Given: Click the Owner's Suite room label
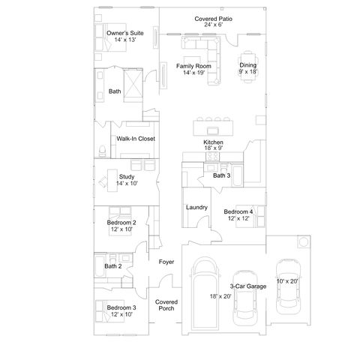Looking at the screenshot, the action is [125, 33].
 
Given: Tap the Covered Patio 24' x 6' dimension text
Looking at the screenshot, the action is [213, 25].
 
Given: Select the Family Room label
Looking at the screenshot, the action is [193, 66].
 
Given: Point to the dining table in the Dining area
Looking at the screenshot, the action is [248, 67].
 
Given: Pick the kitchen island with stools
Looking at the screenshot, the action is [213, 127].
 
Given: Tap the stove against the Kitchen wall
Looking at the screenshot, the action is [212, 157].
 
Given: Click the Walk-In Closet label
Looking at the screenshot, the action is [136, 139].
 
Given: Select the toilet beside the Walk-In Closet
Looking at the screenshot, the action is [102, 151].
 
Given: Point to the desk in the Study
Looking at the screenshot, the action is [112, 181].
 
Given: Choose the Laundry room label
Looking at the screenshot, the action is [196, 207].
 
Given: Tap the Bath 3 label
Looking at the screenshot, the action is [221, 175].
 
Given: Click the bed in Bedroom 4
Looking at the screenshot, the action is [250, 217].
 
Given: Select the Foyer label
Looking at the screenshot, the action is [166, 262].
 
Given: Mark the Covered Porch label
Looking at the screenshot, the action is [166, 305].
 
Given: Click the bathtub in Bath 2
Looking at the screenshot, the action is [100, 265].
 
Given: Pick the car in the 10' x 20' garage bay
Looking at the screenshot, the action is [288, 286].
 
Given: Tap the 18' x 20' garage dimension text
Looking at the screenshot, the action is [220, 296].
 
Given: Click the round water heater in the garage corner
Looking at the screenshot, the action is [304, 241].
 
